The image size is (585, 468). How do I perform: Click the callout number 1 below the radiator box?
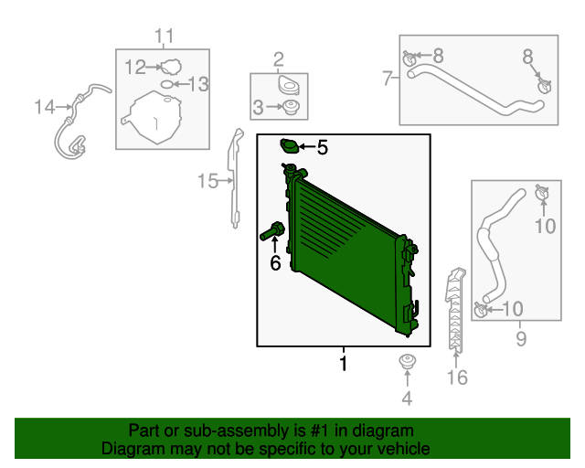[344, 363]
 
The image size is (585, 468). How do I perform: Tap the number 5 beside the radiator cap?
[323, 147]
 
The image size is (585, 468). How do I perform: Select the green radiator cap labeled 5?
[289, 146]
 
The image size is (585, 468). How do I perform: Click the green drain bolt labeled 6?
[272, 230]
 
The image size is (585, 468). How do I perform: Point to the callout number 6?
[275, 263]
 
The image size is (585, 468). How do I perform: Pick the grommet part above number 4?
[408, 362]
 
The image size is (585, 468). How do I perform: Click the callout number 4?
[407, 399]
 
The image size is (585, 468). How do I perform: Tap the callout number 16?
[457, 378]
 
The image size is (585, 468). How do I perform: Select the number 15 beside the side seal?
[207, 181]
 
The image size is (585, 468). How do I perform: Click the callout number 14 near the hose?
[45, 107]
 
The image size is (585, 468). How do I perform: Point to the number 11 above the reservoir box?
[165, 37]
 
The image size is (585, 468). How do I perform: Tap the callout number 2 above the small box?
[278, 59]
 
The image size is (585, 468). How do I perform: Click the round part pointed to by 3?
[291, 108]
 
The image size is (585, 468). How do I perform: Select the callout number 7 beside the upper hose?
[388, 79]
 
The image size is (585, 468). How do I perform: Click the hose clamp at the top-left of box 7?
[409, 58]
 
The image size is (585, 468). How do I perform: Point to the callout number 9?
[521, 339]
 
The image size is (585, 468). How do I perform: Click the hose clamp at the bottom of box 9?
[481, 309]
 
